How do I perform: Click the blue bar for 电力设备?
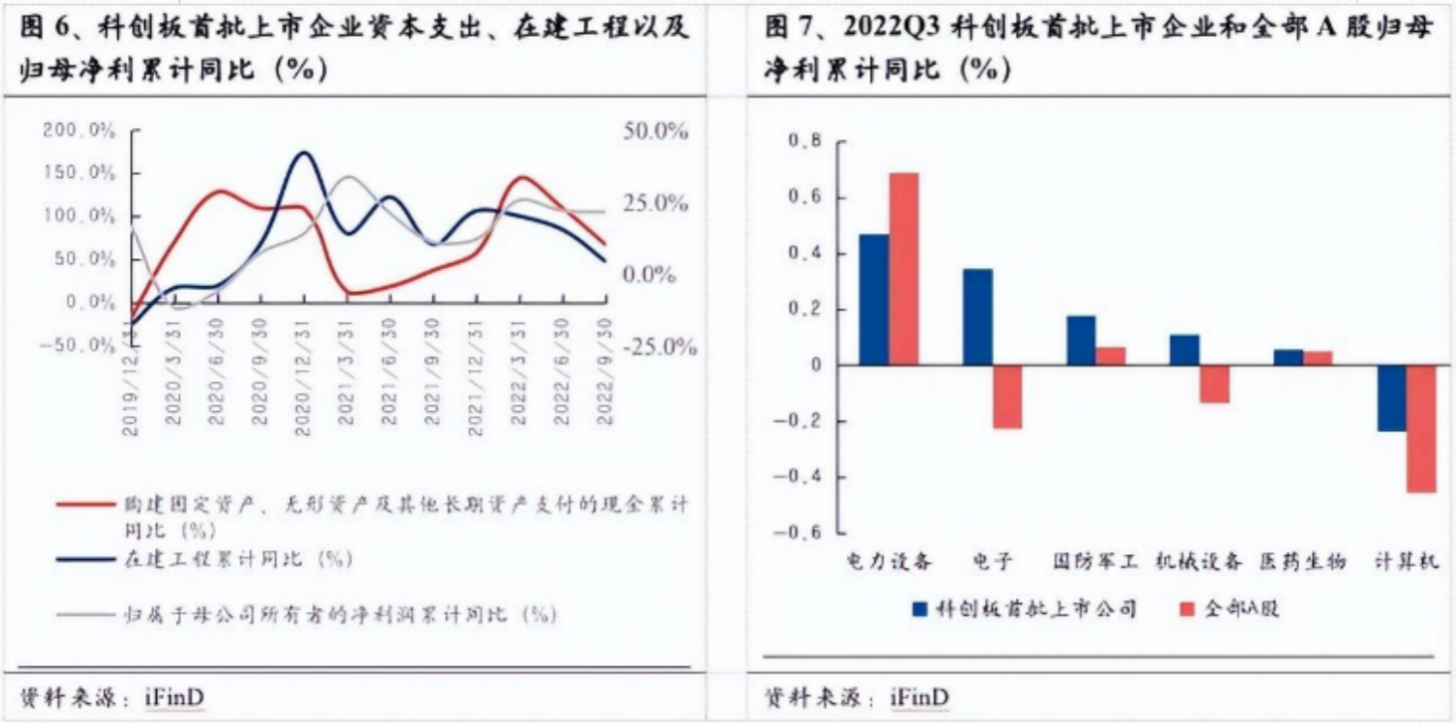(x=874, y=300)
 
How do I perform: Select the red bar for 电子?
(x=1007, y=397)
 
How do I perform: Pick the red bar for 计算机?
(x=1422, y=429)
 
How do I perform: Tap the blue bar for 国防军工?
(x=1082, y=341)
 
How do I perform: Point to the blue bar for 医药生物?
(x=1288, y=358)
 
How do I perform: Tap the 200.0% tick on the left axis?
(x=78, y=130)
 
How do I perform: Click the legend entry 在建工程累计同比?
(x=238, y=559)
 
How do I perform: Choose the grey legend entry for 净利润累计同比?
(x=338, y=615)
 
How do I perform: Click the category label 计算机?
(x=1405, y=562)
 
